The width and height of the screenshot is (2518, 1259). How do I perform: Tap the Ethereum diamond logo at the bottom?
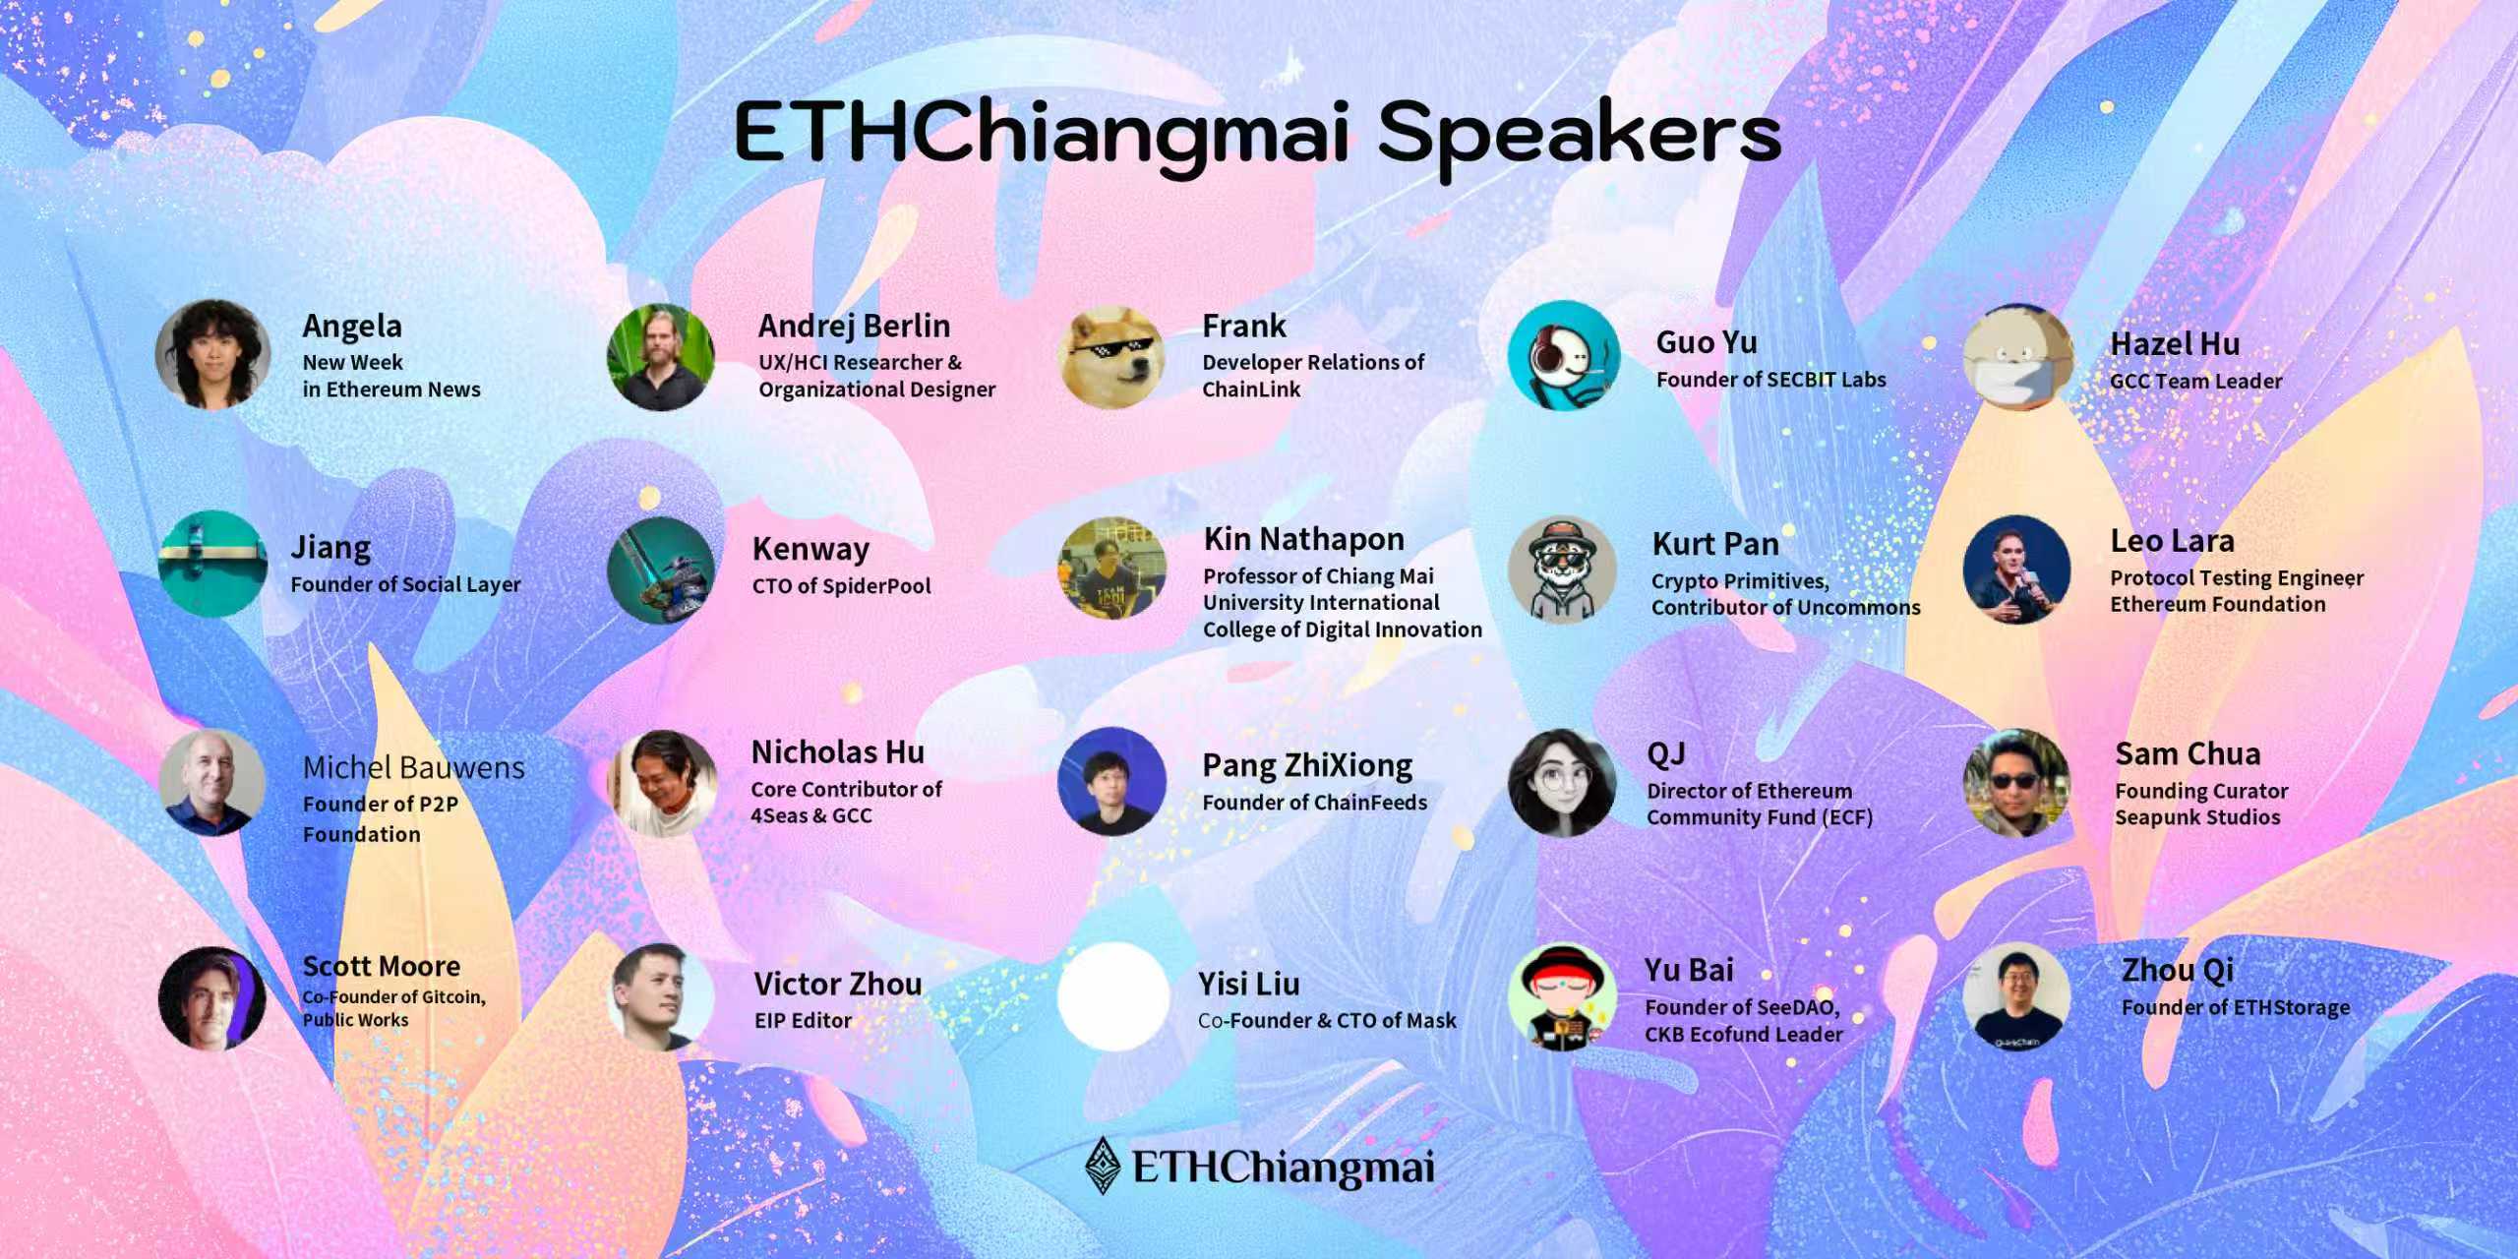[1103, 1166]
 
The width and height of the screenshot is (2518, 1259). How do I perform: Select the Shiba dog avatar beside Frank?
[1111, 356]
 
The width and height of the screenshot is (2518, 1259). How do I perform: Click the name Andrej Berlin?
[854, 326]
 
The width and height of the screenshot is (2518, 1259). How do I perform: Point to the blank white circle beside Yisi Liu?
[1111, 996]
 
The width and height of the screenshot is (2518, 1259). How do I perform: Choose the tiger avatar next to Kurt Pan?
[1562, 570]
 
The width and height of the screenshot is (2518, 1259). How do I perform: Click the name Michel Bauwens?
[413, 767]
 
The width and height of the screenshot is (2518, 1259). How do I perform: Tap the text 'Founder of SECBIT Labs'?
[1770, 380]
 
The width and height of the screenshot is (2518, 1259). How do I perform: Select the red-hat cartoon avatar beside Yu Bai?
[1562, 996]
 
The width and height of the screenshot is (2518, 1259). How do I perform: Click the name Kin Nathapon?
[1303, 539]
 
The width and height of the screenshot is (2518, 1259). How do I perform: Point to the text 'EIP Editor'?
[803, 1021]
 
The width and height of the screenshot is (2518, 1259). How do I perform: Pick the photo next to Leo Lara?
[2016, 570]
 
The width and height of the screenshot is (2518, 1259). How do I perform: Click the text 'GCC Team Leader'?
[2195, 382]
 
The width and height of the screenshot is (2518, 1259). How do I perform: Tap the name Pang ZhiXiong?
[1307, 765]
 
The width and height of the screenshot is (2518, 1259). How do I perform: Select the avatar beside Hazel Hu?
[2016, 356]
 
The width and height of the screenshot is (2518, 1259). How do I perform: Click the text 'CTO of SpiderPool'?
[841, 586]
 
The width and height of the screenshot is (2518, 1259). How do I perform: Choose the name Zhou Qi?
[2178, 971]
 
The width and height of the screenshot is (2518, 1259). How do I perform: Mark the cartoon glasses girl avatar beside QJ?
[1562, 782]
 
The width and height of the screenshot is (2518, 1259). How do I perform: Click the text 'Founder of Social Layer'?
[405, 584]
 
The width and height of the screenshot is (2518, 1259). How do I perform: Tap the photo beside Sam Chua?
[2016, 782]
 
